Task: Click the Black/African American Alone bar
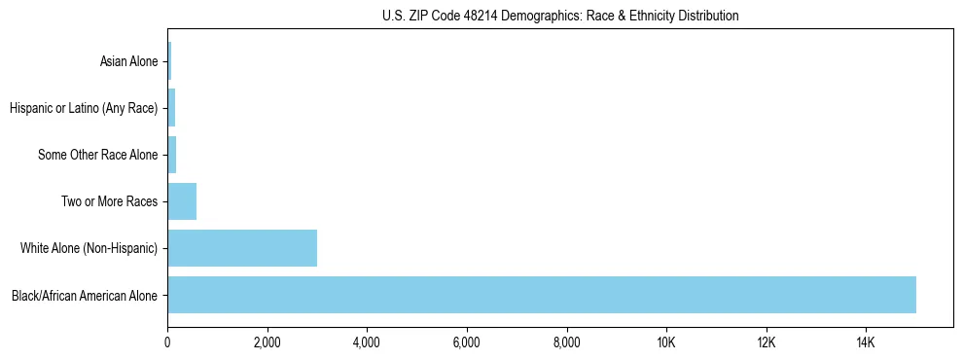(x=541, y=295)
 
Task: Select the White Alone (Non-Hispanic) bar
(x=242, y=248)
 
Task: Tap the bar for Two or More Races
(x=182, y=201)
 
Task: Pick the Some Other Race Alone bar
(x=172, y=155)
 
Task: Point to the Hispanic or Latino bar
(x=171, y=108)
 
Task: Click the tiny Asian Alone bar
(x=169, y=61)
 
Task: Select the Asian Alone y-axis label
(x=128, y=61)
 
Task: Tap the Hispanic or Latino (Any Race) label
(x=84, y=108)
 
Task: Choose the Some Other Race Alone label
(x=97, y=155)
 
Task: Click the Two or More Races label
(x=109, y=201)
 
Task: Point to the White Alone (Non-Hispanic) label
(x=89, y=248)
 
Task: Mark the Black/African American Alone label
(x=85, y=295)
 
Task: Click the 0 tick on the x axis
(x=167, y=342)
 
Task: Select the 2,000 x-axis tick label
(x=267, y=342)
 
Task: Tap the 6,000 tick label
(x=467, y=342)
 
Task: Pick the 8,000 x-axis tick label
(x=566, y=342)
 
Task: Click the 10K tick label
(x=666, y=342)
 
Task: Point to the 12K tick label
(x=766, y=342)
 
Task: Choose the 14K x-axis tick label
(x=866, y=342)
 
